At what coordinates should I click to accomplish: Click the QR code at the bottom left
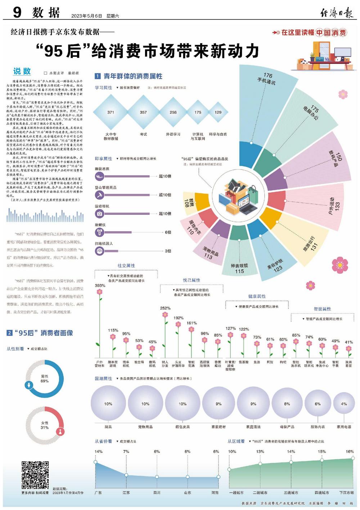tap(35, 474)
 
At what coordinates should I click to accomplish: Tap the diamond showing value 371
tap(111, 112)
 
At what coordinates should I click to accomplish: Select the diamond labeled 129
tap(218, 112)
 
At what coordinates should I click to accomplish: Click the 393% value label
tap(100, 285)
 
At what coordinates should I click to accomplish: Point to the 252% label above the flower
tap(165, 308)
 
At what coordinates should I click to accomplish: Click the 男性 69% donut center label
tap(45, 379)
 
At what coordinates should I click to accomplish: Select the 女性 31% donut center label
tap(45, 425)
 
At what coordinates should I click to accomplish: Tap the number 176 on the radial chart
tap(268, 75)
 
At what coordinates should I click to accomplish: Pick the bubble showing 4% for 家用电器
tap(344, 404)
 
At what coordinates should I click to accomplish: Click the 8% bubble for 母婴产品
tap(287, 404)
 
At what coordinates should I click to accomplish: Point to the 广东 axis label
tap(98, 492)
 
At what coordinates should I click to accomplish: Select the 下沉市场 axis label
tap(346, 492)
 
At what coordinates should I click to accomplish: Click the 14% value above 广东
tap(98, 451)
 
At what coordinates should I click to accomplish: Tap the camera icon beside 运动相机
tap(100, 214)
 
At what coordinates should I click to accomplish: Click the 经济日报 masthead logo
tap(337, 13)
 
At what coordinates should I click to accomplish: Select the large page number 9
tap(17, 13)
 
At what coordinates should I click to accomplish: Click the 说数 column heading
tap(22, 71)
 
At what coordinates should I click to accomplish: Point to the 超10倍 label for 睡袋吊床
tap(165, 176)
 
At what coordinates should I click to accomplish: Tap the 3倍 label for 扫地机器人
tap(168, 251)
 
